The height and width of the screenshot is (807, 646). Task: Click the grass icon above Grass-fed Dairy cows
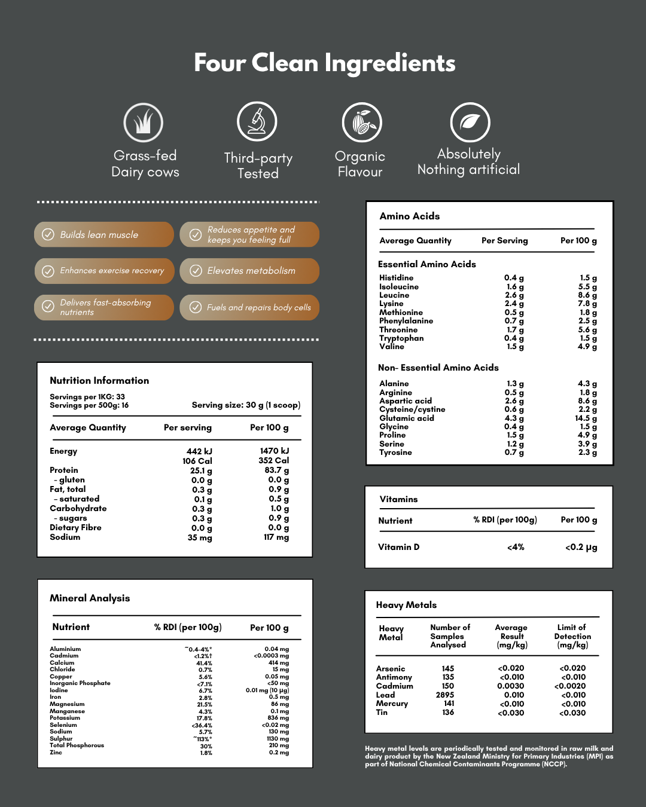pos(144,123)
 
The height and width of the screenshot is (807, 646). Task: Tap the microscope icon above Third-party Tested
pos(257,121)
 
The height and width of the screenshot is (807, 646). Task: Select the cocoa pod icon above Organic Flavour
pos(362,123)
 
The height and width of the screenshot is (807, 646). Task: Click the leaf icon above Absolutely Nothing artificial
pos(470,123)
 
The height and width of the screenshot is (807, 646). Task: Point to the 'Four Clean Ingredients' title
pos(324,63)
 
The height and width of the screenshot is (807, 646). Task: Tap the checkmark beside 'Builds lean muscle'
pos(48,234)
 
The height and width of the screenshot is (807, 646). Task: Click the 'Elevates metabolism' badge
pos(249,271)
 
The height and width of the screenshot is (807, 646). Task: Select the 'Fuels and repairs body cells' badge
pos(249,307)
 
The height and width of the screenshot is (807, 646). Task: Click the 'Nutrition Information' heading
pos(99,380)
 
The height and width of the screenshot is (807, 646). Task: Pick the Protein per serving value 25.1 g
pos(201,470)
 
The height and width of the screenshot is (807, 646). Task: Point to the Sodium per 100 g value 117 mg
pos(276,537)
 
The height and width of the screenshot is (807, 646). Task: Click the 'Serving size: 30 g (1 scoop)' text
pos(246,405)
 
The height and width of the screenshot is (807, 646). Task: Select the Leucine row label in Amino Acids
pos(394,295)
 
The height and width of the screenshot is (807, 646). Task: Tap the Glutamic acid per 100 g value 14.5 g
pos(586,418)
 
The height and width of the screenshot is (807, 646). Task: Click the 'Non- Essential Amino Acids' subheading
pos(438,368)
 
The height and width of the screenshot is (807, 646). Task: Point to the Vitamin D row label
pos(398,547)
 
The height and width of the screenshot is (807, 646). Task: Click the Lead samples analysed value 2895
pos(445,695)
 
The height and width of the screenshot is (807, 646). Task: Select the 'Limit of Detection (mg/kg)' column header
pos(572,636)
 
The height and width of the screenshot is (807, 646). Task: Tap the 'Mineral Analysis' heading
pos(90,598)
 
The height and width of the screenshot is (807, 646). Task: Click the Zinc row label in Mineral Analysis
pos(56,753)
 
